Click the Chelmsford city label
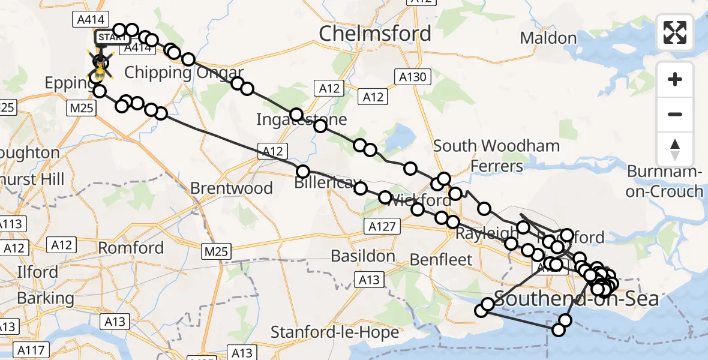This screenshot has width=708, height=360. click(374, 34)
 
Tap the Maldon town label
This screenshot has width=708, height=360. click(548, 38)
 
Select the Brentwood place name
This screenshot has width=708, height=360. click(231, 188)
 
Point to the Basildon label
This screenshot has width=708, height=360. click(363, 257)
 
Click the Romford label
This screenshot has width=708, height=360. click(131, 248)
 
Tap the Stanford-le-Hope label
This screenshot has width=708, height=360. click(335, 332)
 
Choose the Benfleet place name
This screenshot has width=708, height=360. click(441, 260)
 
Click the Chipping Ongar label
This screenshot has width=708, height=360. click(167, 73)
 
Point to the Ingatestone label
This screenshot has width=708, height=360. click(301, 119)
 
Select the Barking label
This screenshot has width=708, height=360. click(46, 298)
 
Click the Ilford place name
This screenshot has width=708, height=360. click(37, 272)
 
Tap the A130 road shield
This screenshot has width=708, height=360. click(412, 77)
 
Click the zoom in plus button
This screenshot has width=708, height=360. click(675, 79)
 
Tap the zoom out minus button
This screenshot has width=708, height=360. click(675, 114)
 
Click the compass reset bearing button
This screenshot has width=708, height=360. click(675, 149)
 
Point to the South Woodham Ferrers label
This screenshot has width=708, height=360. click(496, 155)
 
